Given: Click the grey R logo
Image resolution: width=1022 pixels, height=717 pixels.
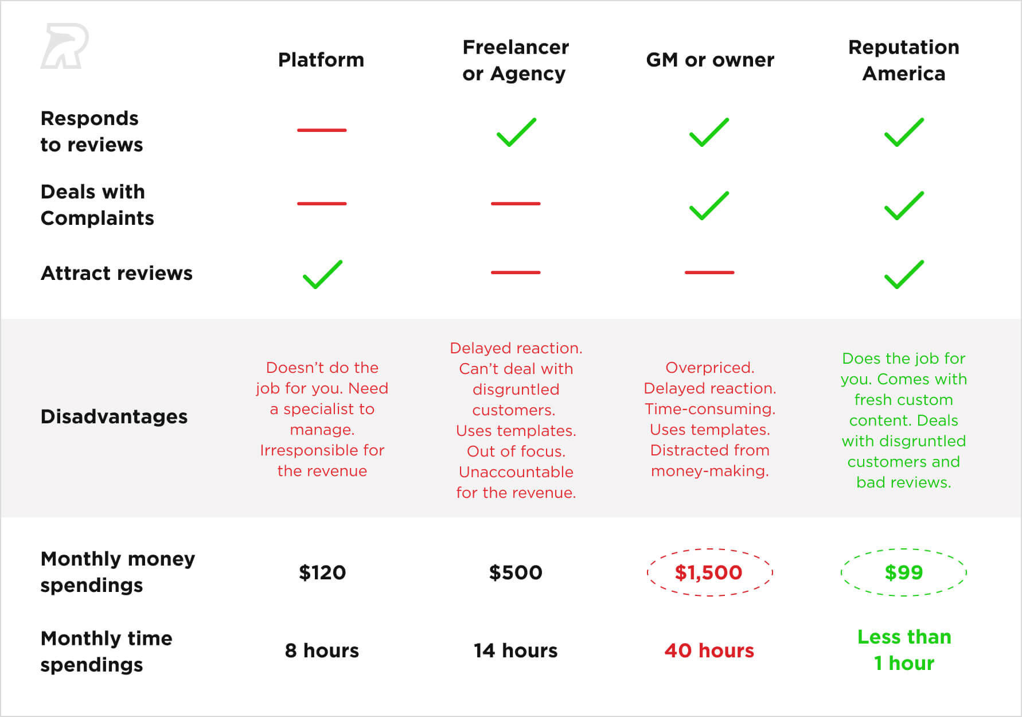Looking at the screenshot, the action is pyautogui.click(x=64, y=46).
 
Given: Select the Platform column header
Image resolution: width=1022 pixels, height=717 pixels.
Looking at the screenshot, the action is pyautogui.click(x=321, y=60).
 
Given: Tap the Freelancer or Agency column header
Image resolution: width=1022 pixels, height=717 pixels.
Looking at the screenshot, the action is pyautogui.click(x=516, y=60).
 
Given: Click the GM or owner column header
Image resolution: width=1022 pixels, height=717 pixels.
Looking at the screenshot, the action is pyautogui.click(x=710, y=60).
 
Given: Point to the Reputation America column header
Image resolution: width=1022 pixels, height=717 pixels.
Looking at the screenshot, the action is pyautogui.click(x=904, y=60).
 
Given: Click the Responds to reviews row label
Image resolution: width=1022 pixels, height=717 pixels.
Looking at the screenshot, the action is pyautogui.click(x=92, y=131).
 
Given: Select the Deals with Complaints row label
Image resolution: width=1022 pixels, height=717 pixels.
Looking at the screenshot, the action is pyautogui.click(x=97, y=205).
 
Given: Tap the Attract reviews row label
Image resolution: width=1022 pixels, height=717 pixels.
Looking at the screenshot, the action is pyautogui.click(x=117, y=273).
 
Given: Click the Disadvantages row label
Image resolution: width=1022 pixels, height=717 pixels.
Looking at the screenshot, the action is pyautogui.click(x=114, y=416).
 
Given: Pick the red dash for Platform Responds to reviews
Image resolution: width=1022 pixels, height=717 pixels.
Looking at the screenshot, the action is pyautogui.click(x=322, y=130).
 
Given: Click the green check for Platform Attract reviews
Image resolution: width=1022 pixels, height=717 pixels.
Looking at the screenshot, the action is pyautogui.click(x=322, y=274).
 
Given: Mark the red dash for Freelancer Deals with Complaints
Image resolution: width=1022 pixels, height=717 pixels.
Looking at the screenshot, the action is pyautogui.click(x=516, y=204).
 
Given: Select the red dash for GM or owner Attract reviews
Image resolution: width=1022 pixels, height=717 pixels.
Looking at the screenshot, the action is pyautogui.click(x=709, y=272).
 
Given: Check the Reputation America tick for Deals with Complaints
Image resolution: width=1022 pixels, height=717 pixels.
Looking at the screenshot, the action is pyautogui.click(x=904, y=205).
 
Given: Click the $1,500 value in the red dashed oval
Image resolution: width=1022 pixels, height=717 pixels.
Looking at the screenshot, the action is pyautogui.click(x=709, y=572).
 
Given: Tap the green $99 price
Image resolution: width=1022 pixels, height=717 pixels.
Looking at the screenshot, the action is pyautogui.click(x=904, y=572).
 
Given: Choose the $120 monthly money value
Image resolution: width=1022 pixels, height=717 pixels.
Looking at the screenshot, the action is pyautogui.click(x=322, y=572).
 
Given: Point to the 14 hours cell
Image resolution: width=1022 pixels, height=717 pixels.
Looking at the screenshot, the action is pyautogui.click(x=516, y=650).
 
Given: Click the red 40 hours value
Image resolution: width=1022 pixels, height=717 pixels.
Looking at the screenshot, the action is pyautogui.click(x=709, y=650).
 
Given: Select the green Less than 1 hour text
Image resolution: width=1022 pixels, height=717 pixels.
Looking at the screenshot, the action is pyautogui.click(x=904, y=650).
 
